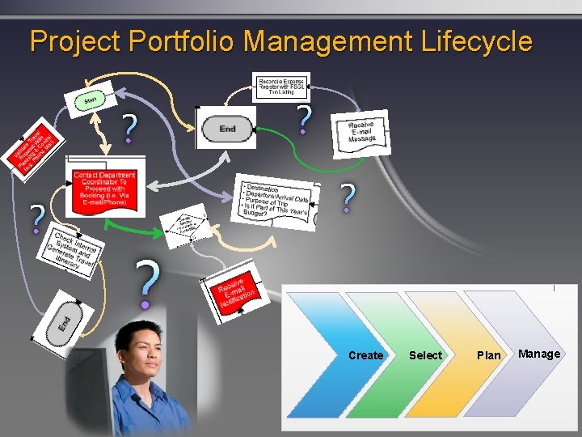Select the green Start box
point(90,100)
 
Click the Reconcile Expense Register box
point(280,86)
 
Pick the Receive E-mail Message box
point(361,133)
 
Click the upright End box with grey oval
point(227,128)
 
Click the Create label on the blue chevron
point(365,355)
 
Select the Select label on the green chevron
point(425,355)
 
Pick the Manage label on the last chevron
point(539,354)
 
